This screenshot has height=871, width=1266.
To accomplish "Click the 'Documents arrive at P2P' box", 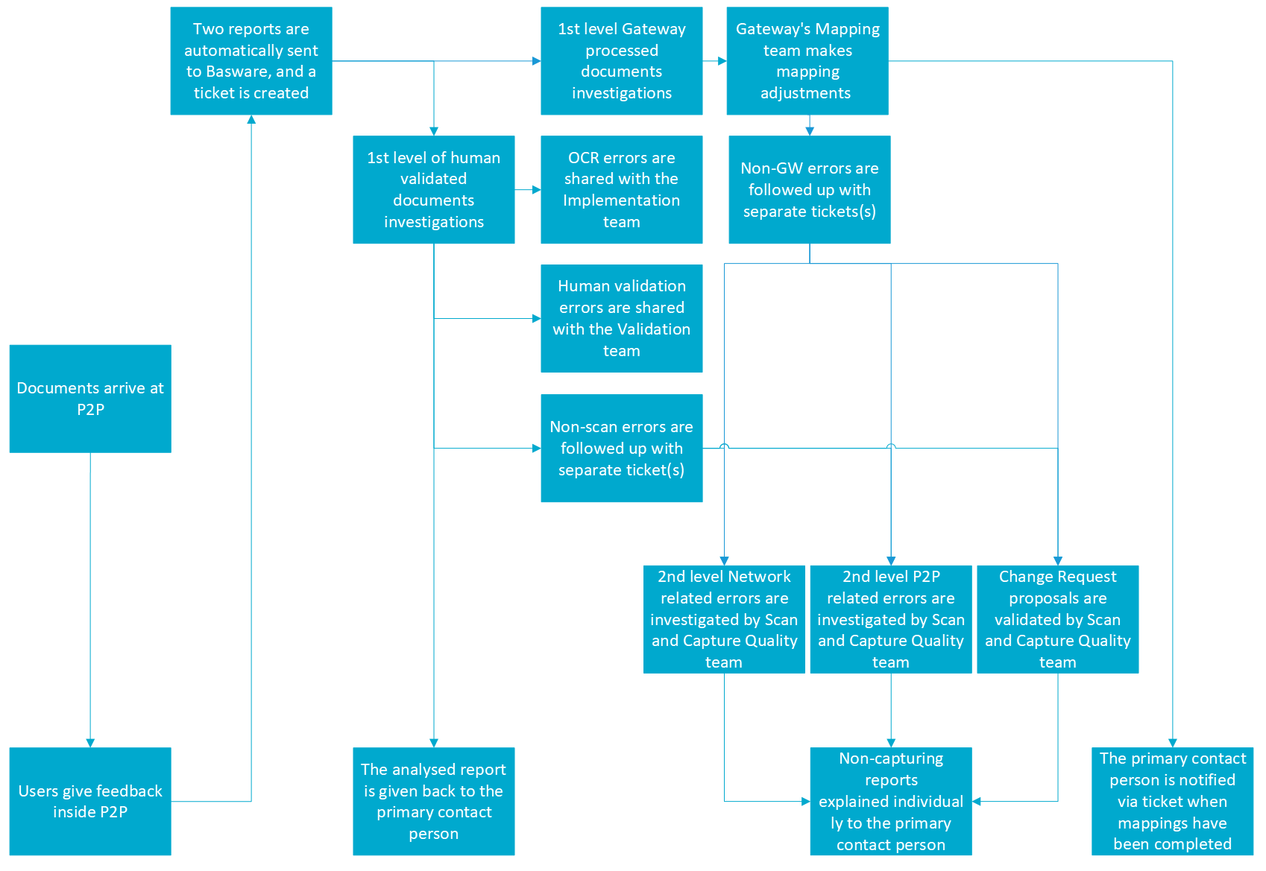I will coord(90,399).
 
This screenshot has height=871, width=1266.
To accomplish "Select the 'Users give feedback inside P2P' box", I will coord(90,801).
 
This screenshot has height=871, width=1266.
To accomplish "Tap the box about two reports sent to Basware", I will coord(251,60).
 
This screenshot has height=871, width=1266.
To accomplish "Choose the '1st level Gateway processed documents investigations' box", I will coord(621,60).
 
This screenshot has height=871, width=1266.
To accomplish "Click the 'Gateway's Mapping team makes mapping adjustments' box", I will coord(807,60).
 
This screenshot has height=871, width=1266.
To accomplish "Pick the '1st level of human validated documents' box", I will coord(433,189).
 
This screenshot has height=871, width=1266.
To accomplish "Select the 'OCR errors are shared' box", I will coord(621,189).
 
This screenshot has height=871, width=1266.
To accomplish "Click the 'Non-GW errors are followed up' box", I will coord(809,189).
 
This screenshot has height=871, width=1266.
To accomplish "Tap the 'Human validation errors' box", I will coord(621,318).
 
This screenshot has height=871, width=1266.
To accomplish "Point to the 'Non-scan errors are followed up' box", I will coord(621,448).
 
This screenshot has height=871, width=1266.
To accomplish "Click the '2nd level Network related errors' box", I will coord(723,619).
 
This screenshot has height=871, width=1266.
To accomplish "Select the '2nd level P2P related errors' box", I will coord(890,619).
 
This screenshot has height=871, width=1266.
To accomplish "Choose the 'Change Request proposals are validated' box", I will coord(1057,619).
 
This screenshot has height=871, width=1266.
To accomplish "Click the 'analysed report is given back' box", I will coord(433,801).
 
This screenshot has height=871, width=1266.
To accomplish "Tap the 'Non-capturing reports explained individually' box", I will coord(890,801).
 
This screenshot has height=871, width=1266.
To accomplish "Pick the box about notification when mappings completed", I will coord(1172,801).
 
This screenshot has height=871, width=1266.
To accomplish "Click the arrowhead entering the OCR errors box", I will coord(536,190).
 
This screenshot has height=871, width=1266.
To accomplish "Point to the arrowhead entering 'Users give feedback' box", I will coord(90,743).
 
